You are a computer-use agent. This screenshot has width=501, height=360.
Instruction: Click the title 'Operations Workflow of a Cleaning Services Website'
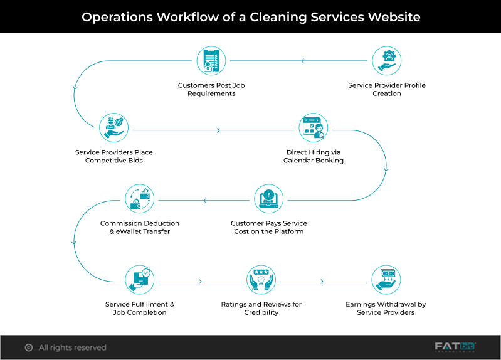251,16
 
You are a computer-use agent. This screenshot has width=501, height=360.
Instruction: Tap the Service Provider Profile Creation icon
386,61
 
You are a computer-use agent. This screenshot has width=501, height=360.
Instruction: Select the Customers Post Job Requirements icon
211,61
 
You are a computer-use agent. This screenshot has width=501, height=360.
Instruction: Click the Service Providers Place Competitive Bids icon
113,129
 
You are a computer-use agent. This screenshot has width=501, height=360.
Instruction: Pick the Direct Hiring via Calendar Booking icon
313,129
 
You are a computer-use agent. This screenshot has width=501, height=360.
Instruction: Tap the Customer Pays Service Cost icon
269,199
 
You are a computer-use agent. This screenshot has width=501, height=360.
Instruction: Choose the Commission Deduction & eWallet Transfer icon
140,199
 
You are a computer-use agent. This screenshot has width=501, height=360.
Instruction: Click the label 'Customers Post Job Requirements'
207,89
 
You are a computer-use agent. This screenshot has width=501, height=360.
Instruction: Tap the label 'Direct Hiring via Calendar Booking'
314,156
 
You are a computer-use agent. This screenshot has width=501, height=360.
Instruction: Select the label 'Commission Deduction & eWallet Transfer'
140,227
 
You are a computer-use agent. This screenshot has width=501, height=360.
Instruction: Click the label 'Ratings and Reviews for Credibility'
261,308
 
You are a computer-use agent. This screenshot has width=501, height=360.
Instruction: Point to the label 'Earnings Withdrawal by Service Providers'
386,308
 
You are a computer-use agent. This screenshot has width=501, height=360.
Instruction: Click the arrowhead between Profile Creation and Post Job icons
302,61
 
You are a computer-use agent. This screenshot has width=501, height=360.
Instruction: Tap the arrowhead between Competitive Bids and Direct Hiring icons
218,130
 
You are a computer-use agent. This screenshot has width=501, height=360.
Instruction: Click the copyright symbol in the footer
28,347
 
